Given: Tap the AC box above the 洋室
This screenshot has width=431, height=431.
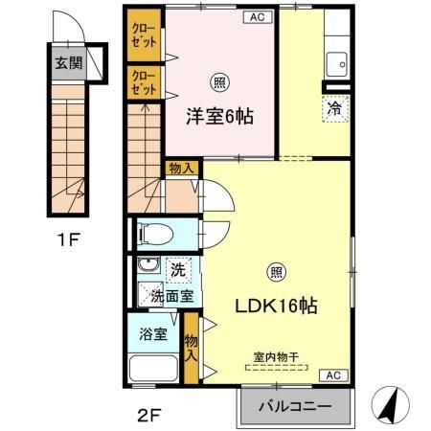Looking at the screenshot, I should coord(257,16).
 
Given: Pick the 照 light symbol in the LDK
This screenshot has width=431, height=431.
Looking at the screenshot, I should coord(277,270).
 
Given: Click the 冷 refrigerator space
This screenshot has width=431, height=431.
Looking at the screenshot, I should coord(335,109).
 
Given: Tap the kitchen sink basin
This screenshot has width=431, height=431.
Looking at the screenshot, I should coord(336,64).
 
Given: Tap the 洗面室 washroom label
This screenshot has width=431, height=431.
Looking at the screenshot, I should coord(172,296).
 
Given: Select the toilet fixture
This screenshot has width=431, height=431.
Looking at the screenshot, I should coord(153,232).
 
